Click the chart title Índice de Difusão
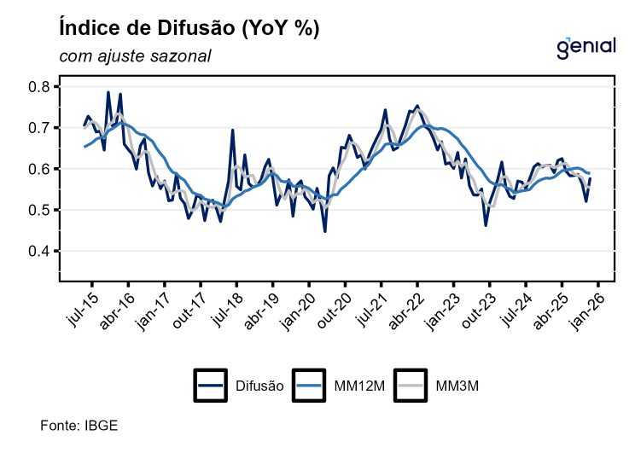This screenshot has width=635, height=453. [x=189, y=28]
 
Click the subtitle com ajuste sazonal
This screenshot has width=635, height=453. [x=135, y=56]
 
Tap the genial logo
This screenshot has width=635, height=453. [x=585, y=48]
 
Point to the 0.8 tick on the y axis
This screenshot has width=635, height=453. [x=39, y=87]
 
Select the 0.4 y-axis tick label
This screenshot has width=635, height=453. [x=39, y=252]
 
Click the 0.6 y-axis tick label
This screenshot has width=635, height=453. [x=39, y=169]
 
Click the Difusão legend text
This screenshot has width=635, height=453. [x=259, y=386]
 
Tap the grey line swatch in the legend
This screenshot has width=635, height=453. [x=414, y=386]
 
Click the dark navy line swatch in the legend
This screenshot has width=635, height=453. [x=210, y=386]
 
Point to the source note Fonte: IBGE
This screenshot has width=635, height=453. [x=79, y=424]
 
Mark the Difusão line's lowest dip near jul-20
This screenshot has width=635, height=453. [x=325, y=231]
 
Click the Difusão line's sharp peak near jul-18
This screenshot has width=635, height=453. [x=232, y=131]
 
